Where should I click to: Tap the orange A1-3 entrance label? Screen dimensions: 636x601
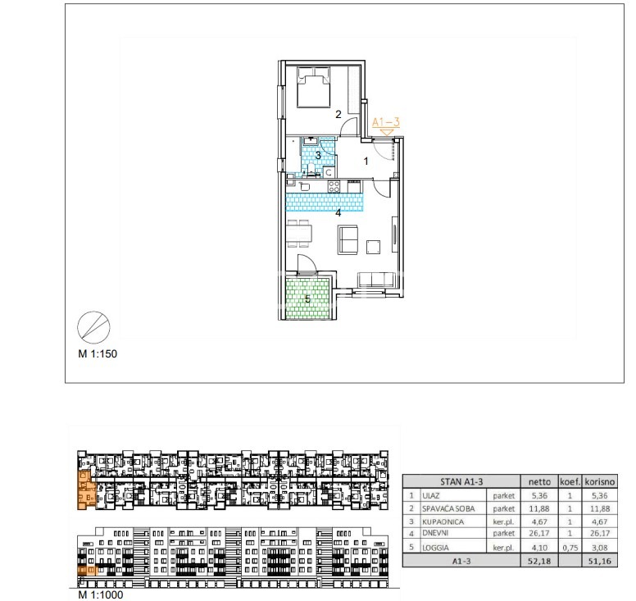[x=386, y=121]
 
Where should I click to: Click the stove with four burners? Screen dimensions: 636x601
[x=334, y=186]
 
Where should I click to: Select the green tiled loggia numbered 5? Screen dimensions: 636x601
[x=307, y=298]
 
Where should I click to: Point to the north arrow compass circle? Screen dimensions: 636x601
[x=93, y=327]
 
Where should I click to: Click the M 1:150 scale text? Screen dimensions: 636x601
[x=98, y=354]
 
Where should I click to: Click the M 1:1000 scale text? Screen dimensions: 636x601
[x=101, y=595]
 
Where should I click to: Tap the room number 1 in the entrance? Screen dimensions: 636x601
[x=366, y=162]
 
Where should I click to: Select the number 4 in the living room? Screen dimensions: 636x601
[x=338, y=212]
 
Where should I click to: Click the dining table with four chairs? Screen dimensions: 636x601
[x=299, y=234]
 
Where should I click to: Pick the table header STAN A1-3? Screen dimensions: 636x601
[x=461, y=481]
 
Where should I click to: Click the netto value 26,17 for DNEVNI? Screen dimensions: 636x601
[x=539, y=533]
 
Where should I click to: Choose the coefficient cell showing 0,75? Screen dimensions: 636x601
[x=570, y=548]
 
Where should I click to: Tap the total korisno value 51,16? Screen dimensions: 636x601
[x=599, y=561]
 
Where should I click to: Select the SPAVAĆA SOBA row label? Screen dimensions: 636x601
[x=448, y=508]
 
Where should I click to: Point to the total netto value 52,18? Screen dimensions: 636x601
[x=539, y=561]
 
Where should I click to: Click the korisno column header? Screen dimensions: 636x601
[x=600, y=481]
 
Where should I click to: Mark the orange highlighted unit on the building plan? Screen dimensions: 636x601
[x=86, y=490]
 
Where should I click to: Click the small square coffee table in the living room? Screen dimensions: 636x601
[x=373, y=247]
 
